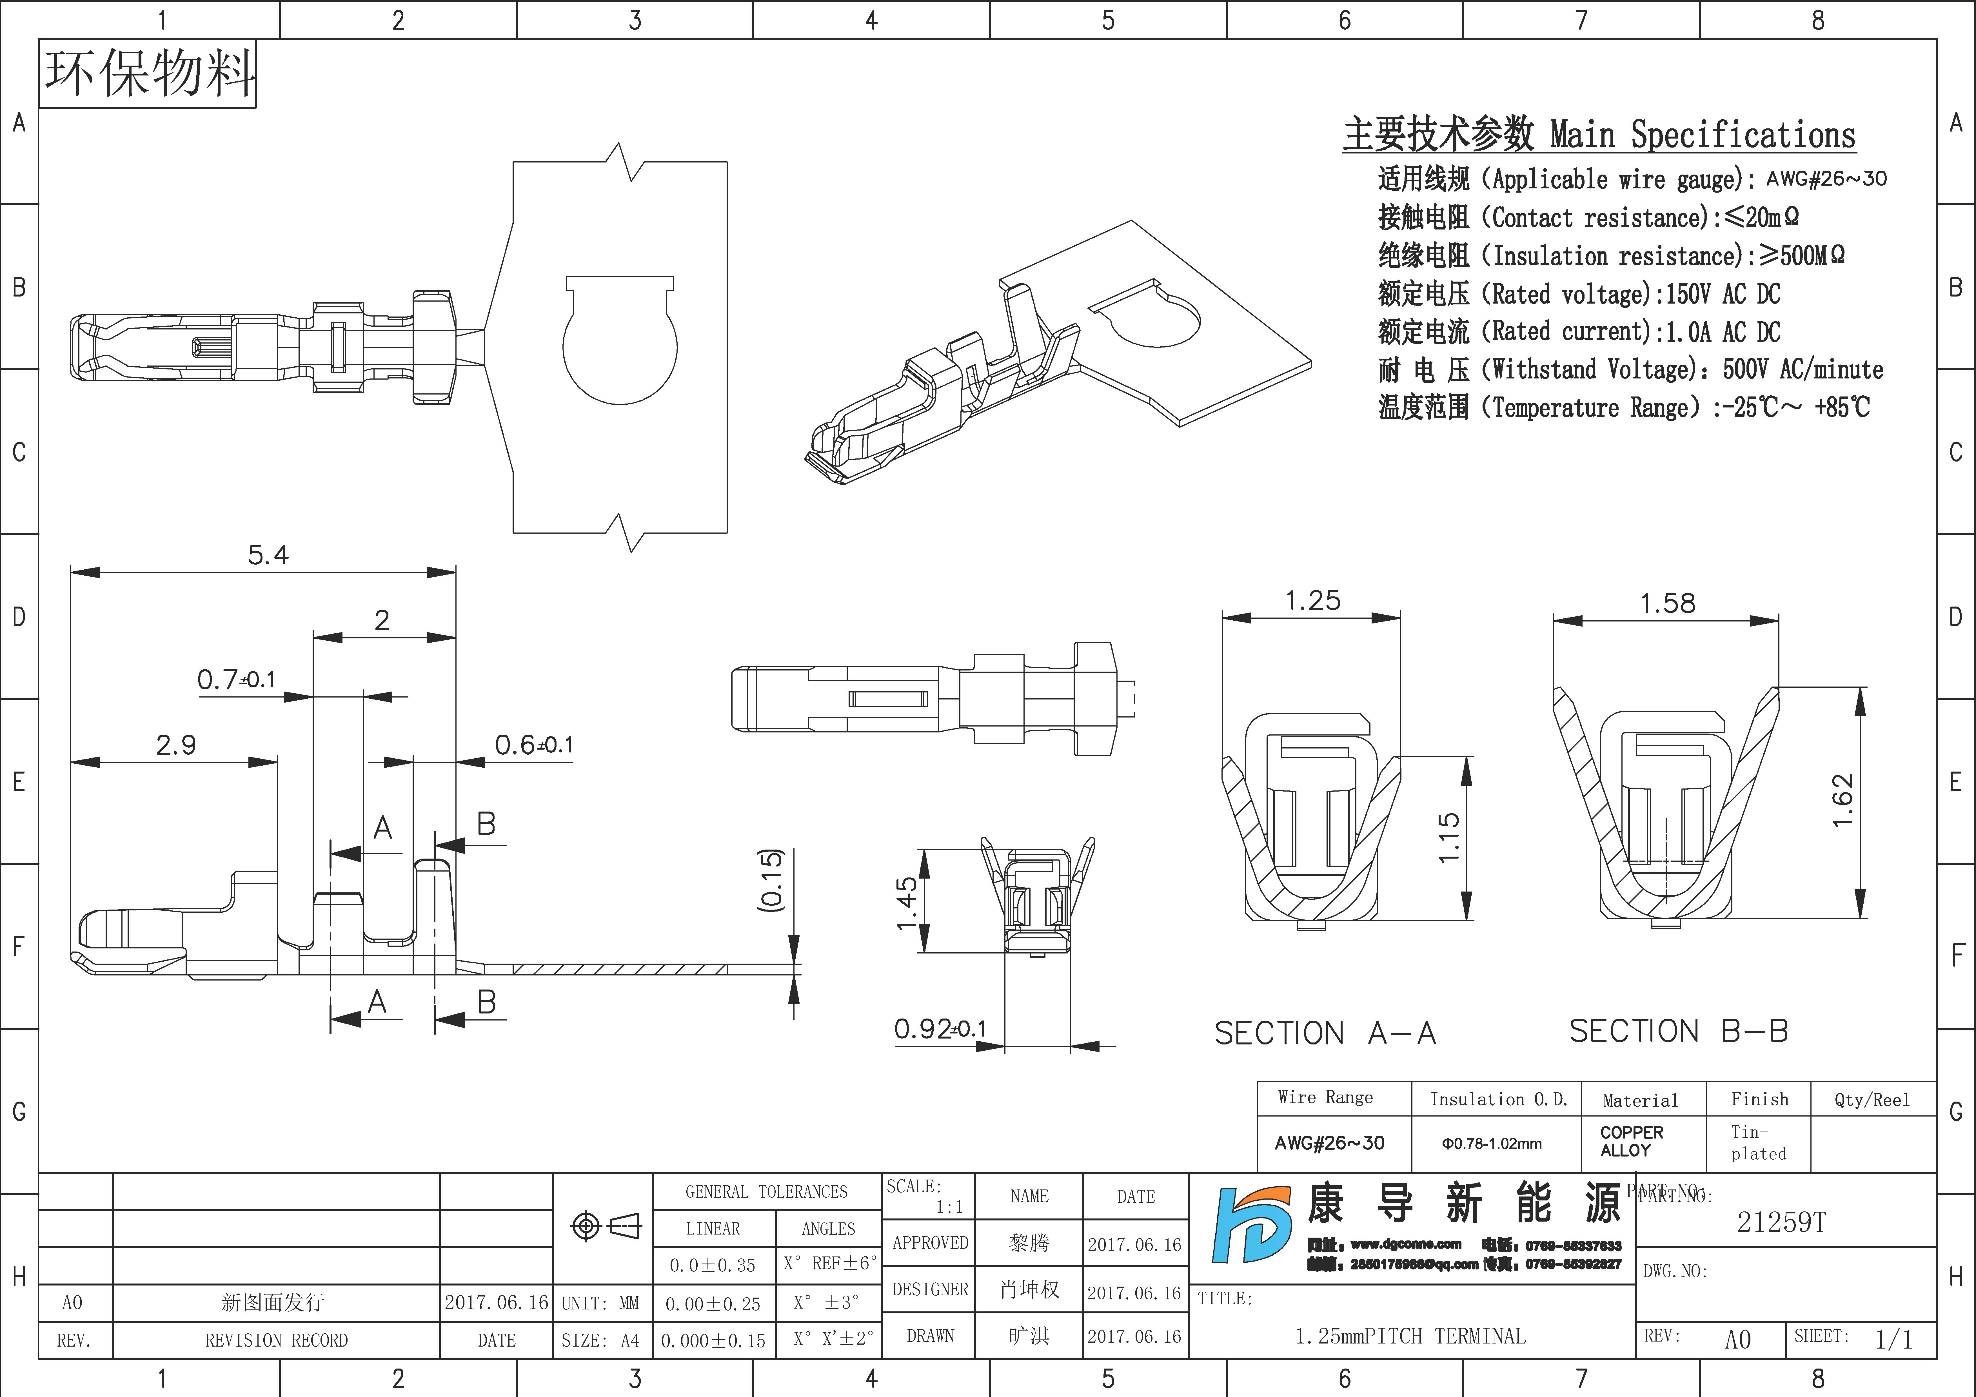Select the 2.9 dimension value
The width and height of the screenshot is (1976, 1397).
[x=175, y=745]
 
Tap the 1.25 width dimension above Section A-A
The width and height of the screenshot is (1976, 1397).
[x=1312, y=601]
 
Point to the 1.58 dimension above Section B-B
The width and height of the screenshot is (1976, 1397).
[x=1667, y=603]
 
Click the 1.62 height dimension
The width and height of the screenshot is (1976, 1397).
[x=1842, y=801]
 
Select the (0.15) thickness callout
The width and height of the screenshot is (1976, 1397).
[x=772, y=880]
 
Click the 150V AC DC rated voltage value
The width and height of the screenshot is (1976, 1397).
[x=1722, y=294]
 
